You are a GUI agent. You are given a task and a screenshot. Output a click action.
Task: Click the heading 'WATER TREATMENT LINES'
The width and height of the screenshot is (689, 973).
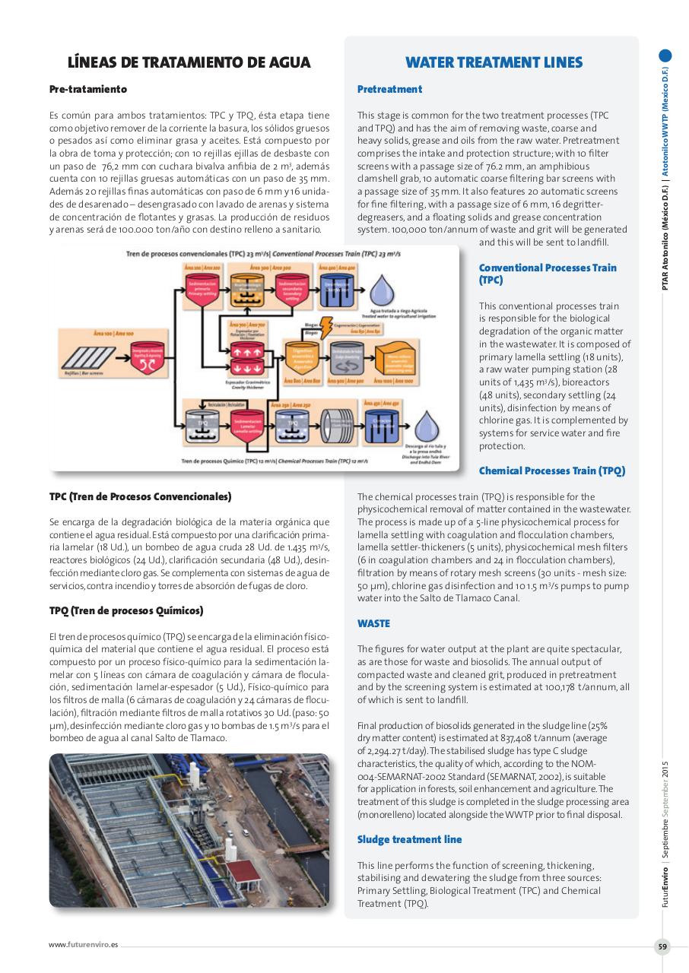(x=494, y=62)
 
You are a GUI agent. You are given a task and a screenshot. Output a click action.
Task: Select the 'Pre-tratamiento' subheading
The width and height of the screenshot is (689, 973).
(x=88, y=89)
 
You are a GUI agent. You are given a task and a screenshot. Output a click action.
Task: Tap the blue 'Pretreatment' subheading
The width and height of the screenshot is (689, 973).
(x=389, y=89)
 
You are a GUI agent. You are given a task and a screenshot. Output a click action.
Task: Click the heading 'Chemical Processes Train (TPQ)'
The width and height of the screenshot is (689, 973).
(x=552, y=471)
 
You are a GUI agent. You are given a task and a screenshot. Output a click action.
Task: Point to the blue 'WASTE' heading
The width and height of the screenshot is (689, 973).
(x=373, y=623)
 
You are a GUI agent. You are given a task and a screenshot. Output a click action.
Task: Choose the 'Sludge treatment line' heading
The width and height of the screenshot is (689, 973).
(x=409, y=839)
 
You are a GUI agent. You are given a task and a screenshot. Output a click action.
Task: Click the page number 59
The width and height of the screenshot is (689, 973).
(x=663, y=946)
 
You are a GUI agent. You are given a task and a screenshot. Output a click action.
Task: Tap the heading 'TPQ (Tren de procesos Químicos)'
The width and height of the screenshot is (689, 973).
(x=126, y=610)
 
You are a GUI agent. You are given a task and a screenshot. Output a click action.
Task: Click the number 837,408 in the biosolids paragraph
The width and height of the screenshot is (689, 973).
(x=475, y=738)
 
